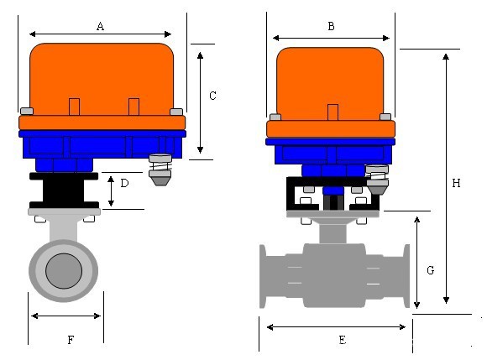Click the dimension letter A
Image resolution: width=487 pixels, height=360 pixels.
[x=100, y=26]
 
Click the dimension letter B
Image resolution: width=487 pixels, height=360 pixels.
[x=332, y=26]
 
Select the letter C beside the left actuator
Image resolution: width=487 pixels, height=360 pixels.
[x=212, y=96]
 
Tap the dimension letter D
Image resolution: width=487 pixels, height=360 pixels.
[x=124, y=183]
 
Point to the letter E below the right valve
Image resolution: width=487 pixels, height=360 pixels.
[x=343, y=340]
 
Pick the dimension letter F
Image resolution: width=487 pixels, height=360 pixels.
[x=71, y=340]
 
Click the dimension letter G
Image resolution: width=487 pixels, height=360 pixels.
[x=431, y=270]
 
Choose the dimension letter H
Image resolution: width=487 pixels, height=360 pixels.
[x=456, y=183]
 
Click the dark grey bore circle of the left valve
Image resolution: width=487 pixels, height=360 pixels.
[x=64, y=271]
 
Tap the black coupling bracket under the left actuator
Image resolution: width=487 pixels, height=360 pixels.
[x=64, y=190]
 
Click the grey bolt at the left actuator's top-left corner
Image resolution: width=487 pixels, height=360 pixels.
[x=27, y=111]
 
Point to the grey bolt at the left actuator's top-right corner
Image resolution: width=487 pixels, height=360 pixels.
[x=176, y=112]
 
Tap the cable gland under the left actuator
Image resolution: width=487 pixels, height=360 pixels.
[x=160, y=170]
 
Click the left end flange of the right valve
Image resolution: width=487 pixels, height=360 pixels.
[x=263, y=276]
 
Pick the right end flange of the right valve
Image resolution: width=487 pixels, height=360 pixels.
[x=406, y=276]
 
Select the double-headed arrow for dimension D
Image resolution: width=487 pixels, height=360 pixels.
[x=111, y=191]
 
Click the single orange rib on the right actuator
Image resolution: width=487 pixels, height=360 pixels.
[x=333, y=112]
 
